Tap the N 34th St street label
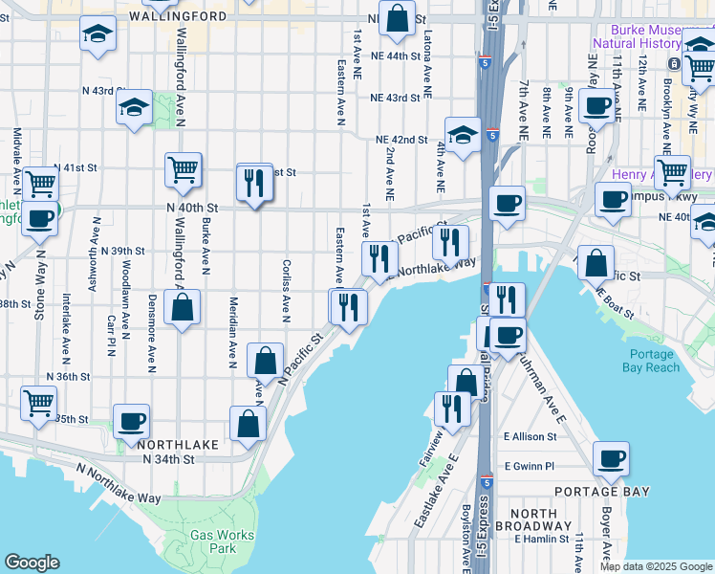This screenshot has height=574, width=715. (167, 459)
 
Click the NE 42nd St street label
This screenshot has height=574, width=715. (401, 140)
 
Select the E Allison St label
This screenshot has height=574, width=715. (530, 436)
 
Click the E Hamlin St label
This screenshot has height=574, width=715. (541, 540)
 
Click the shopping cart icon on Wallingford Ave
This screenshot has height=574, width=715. (183, 169)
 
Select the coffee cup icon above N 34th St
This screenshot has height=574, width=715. (131, 421)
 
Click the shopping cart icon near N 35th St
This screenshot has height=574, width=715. (39, 404)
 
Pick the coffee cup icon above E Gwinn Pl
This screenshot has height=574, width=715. (610, 459)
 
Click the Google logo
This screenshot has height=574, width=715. (32, 563)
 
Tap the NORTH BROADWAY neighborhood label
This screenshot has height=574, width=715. (533, 520)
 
